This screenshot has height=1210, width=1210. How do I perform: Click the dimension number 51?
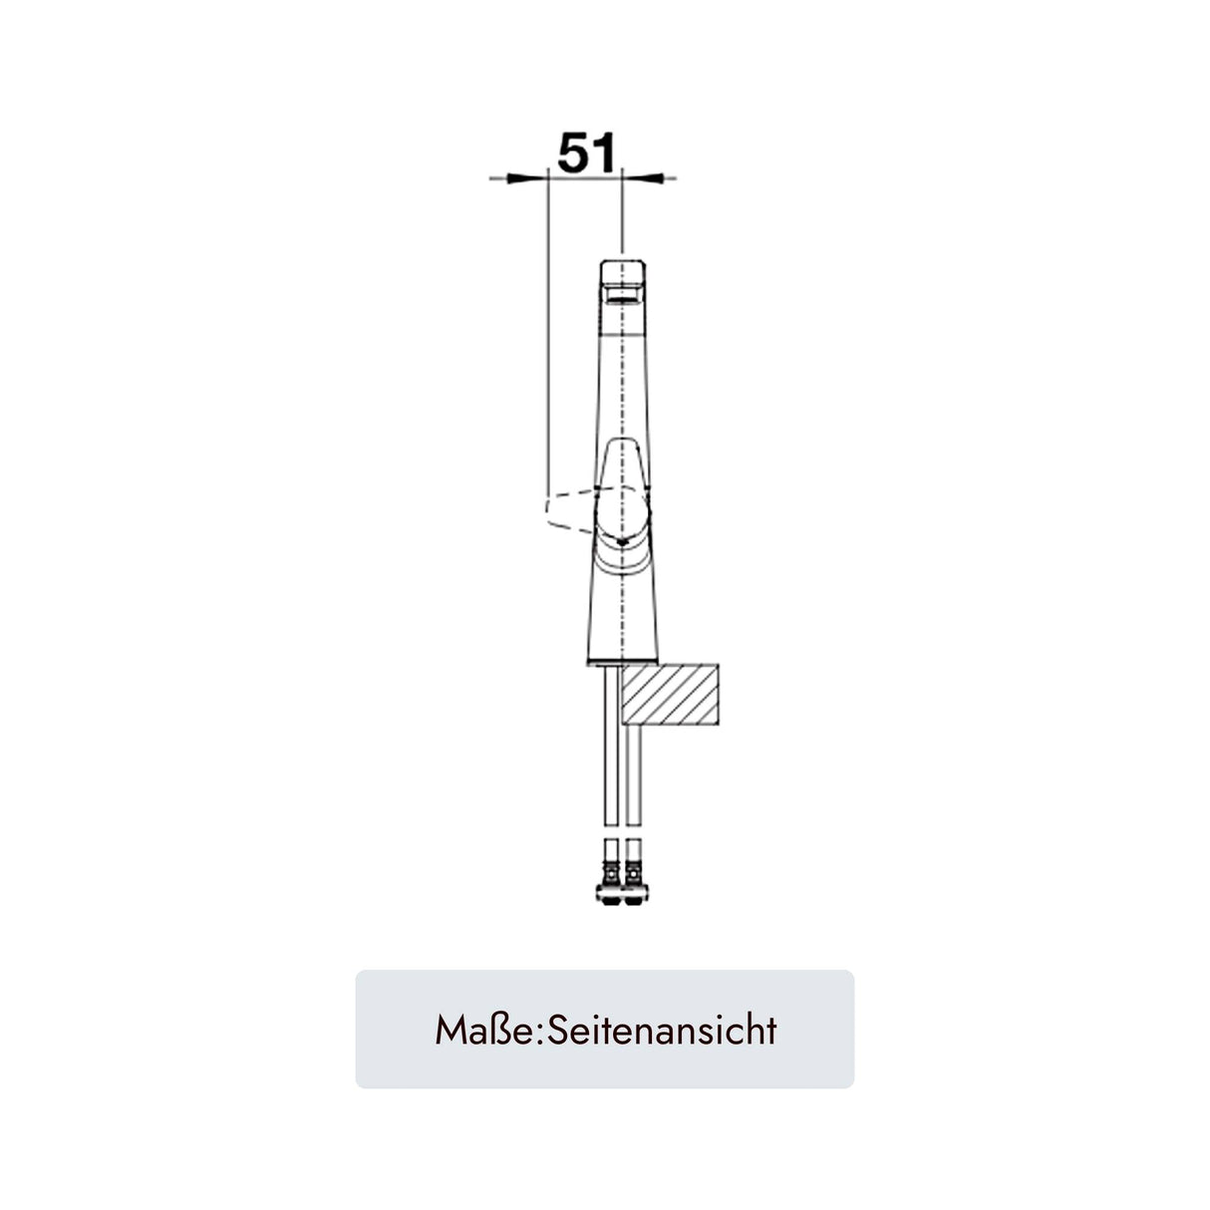click(586, 152)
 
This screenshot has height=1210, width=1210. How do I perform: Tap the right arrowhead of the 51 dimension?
click(642, 179)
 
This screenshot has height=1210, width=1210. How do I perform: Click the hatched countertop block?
click(670, 695)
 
